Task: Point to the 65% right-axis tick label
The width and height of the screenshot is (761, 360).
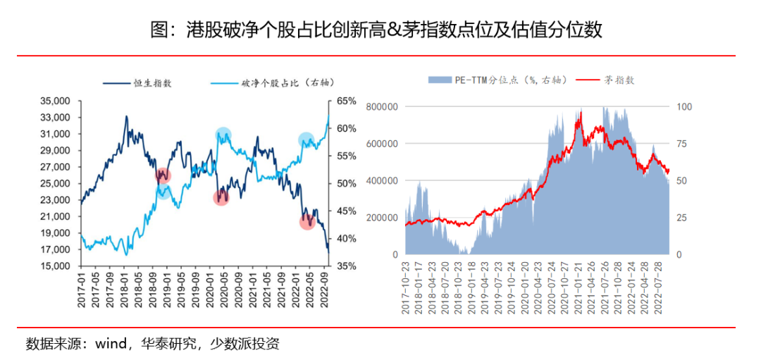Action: (347, 101)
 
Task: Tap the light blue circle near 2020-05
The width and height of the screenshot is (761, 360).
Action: (223, 135)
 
